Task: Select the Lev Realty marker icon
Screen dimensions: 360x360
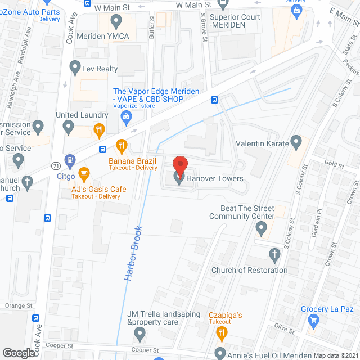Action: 74,69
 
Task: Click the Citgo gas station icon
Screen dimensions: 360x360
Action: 70,160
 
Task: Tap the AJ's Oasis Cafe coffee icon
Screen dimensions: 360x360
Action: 84,173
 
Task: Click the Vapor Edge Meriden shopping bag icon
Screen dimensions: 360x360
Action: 127,116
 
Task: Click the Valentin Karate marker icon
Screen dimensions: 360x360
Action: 296,141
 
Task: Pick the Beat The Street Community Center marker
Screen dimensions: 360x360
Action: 261,228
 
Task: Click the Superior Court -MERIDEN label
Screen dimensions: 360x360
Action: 235,21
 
